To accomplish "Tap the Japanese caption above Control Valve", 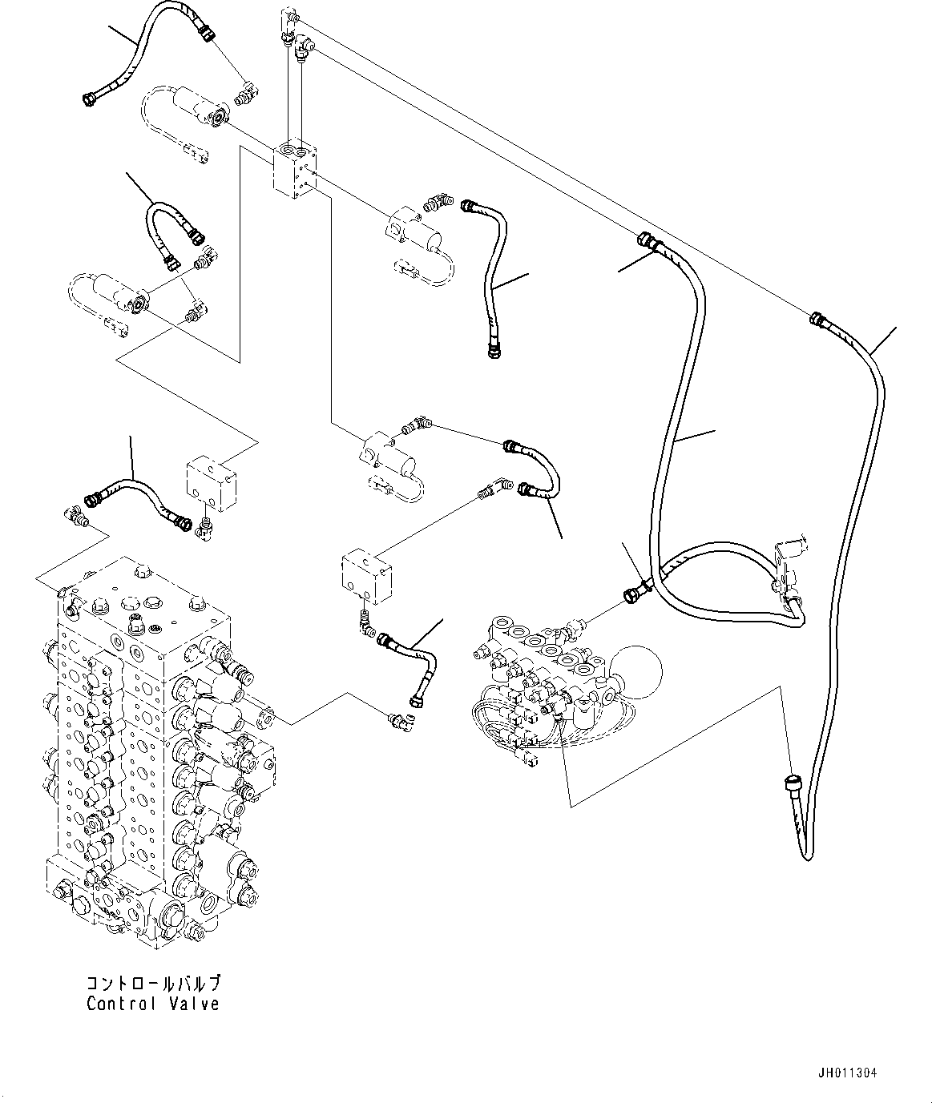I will click(x=152, y=984).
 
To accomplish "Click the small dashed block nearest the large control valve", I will click(x=211, y=481).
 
